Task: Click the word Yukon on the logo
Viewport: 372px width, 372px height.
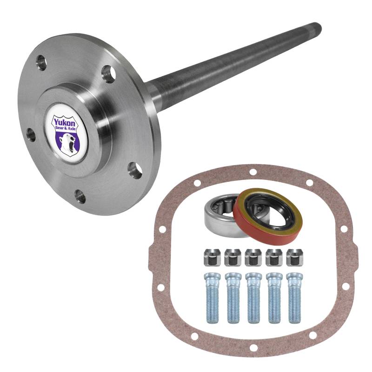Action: [64, 122]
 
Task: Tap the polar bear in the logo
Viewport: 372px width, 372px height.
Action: [67, 143]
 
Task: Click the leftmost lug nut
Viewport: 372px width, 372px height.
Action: [212, 257]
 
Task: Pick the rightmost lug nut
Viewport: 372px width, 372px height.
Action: [295, 257]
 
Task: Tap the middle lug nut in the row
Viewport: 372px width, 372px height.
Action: [253, 257]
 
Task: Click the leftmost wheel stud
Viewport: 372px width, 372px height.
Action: [212, 298]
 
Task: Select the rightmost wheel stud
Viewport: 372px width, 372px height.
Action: [295, 298]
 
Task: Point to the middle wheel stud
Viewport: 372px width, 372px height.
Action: [253, 298]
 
